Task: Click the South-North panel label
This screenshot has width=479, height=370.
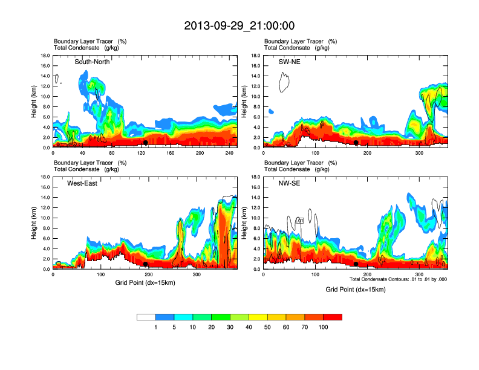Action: (92, 62)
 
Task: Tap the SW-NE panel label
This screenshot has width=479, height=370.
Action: (289, 62)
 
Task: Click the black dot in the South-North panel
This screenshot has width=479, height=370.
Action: (146, 143)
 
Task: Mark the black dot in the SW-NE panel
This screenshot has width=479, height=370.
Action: (356, 143)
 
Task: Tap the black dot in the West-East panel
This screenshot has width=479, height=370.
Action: (146, 264)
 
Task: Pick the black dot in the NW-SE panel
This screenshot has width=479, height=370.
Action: (356, 264)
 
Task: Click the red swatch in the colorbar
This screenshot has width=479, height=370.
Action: (333, 317)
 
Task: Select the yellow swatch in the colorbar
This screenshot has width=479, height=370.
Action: (258, 317)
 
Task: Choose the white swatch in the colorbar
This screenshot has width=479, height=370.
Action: (146, 317)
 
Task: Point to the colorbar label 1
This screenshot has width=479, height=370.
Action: (156, 327)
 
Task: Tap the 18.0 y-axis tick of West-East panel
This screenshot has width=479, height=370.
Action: (44, 177)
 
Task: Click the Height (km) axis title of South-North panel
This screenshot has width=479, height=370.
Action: (34, 102)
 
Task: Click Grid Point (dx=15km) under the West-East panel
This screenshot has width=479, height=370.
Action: (145, 282)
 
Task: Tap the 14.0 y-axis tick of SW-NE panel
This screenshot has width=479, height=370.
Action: (255, 76)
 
